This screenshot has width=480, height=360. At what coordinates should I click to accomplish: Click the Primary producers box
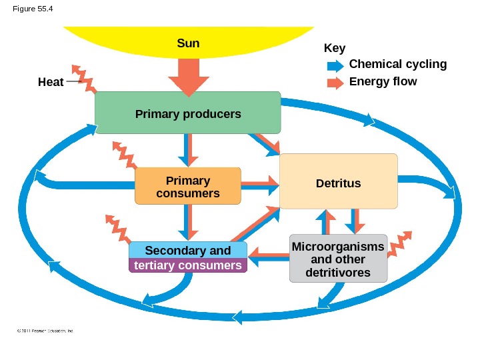click(187, 113)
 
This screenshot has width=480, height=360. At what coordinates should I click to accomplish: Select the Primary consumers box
click(187, 186)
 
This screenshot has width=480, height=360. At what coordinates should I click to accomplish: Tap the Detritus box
click(339, 183)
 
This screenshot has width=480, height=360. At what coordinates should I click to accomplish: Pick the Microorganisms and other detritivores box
click(339, 259)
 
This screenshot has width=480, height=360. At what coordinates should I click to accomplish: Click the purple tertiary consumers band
click(187, 265)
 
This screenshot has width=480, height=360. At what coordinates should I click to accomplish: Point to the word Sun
click(189, 43)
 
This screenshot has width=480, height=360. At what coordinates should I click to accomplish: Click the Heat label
click(51, 82)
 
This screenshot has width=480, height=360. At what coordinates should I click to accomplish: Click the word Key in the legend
click(334, 49)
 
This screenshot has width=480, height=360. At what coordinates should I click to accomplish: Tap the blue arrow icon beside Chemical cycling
click(335, 65)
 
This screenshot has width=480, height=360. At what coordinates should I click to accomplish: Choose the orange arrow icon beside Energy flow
click(335, 83)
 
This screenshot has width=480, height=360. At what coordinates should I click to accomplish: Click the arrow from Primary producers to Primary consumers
click(189, 150)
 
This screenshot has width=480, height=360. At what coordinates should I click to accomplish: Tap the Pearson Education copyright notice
click(44, 330)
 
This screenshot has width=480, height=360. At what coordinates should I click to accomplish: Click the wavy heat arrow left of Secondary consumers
click(118, 228)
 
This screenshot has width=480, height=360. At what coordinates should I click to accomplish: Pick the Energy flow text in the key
click(383, 81)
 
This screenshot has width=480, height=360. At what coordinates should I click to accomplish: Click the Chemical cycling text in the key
click(397, 64)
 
